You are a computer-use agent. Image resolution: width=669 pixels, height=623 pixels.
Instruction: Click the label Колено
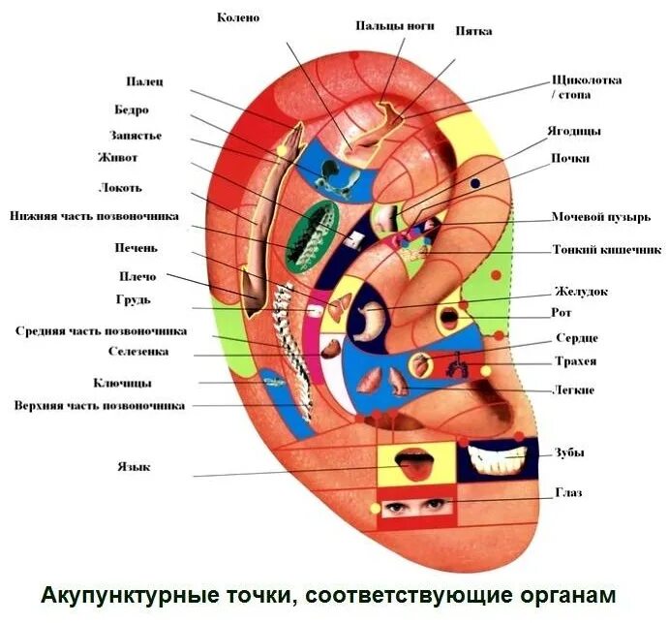pos(238,18)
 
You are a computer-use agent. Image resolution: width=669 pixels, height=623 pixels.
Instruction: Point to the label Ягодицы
pos(576,130)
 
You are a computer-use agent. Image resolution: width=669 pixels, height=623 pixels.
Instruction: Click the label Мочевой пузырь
pos(600,216)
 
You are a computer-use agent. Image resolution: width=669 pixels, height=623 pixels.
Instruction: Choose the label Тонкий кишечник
pos(606,249)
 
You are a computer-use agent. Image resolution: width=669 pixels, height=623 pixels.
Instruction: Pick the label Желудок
pos(581,291)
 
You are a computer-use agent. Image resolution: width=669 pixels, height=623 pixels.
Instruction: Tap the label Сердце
pos(576,338)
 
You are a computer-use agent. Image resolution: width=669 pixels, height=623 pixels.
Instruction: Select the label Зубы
pos(569,452)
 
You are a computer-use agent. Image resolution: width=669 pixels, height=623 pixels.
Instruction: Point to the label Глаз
pos(568,493)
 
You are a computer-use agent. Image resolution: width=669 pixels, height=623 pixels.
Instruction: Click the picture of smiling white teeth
pos(498,455)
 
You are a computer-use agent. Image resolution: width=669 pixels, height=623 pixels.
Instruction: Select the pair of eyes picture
pos(416,506)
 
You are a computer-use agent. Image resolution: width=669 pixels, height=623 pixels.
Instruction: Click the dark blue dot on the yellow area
pos(475,182)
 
